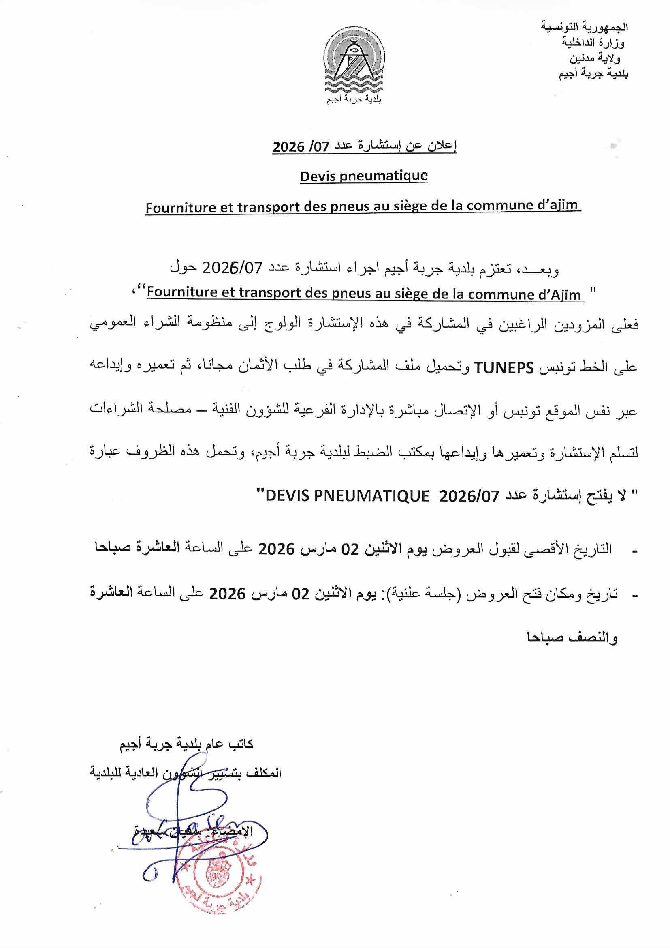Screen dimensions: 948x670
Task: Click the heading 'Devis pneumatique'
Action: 364,176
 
